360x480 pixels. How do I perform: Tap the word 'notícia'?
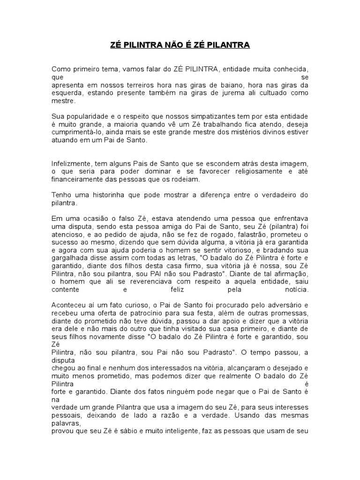297,290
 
